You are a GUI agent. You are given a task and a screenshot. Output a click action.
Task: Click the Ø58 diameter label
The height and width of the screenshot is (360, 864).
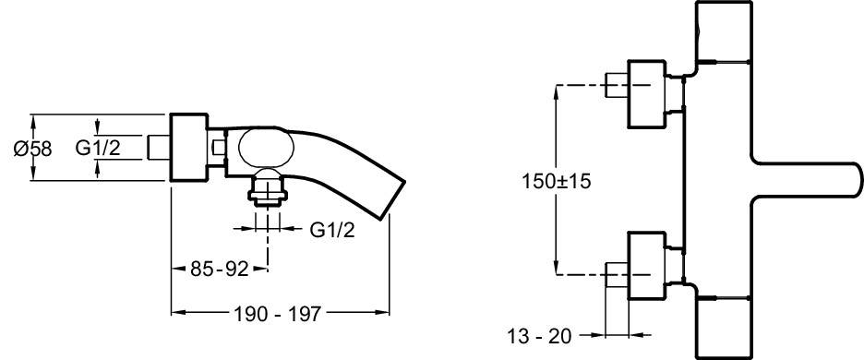click(x=32, y=149)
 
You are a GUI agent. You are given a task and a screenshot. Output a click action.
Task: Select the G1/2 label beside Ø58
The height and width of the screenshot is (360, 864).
click(x=98, y=148)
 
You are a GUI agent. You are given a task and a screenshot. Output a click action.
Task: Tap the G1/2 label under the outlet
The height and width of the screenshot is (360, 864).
click(x=332, y=230)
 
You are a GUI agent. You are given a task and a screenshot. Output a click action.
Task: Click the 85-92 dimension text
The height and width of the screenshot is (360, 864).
click(x=220, y=270)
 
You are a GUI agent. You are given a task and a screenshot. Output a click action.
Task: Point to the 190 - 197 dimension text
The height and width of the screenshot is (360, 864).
click(x=277, y=314)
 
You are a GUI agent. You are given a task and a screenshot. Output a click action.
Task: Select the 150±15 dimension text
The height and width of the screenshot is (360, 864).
click(x=556, y=181)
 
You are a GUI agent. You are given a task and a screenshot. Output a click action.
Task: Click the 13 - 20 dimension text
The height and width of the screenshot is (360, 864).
click(x=539, y=336)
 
